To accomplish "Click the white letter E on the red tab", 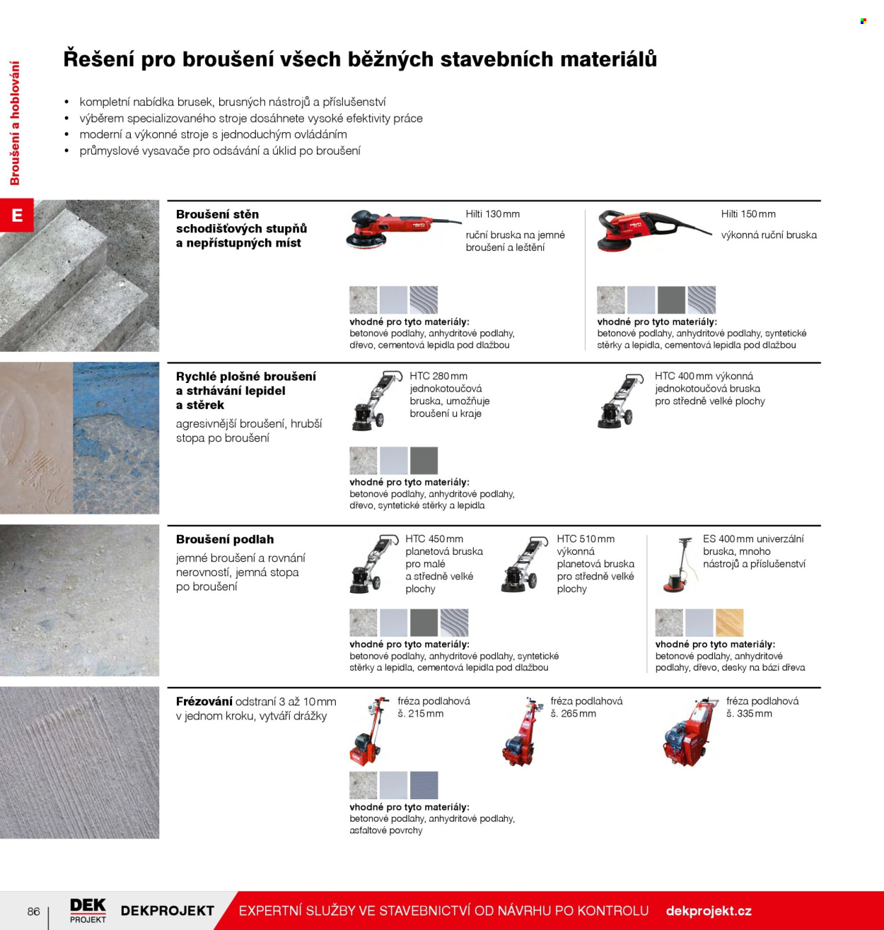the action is (x=17, y=216).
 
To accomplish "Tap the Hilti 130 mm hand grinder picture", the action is (x=403, y=228).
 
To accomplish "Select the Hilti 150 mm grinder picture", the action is (x=653, y=230).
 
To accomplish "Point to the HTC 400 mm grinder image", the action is (x=620, y=401).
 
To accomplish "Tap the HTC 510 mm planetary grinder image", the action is (x=524, y=564).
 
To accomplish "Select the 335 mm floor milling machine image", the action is (x=690, y=731).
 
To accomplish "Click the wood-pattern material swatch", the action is (x=729, y=623).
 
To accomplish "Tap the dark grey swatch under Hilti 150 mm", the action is (x=671, y=300).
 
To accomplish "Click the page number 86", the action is (x=34, y=911).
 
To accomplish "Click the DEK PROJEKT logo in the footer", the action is (x=88, y=911).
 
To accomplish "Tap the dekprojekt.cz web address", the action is (x=709, y=911).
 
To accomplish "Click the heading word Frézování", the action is (x=204, y=701).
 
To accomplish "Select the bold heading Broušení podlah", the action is (x=225, y=539).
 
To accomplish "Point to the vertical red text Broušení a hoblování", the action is (x=15, y=123).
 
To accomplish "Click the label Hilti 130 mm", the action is (x=492, y=214).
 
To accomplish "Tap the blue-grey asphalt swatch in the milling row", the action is (x=424, y=785).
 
